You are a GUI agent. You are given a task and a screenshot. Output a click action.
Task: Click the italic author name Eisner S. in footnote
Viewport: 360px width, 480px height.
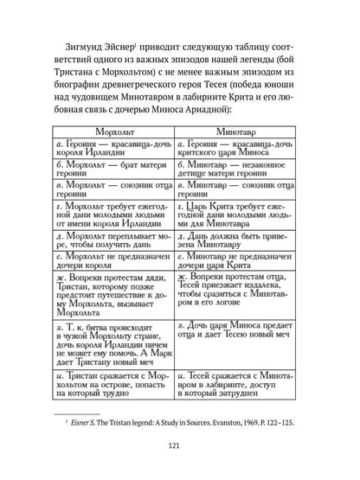(x=84, y=421)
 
